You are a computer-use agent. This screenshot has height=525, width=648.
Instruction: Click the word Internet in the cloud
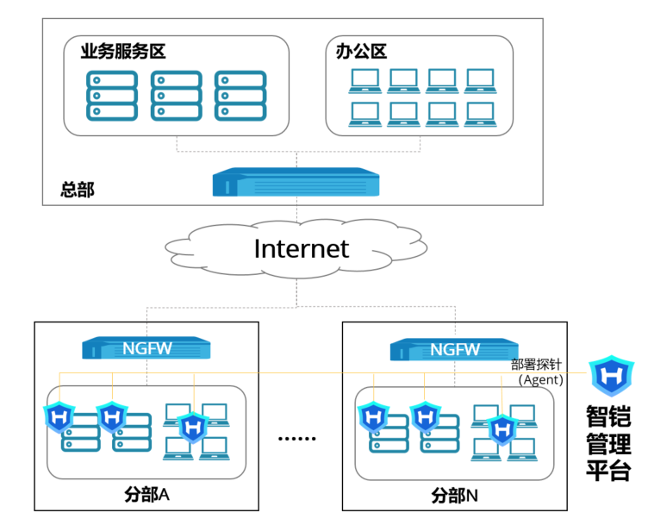click(x=301, y=248)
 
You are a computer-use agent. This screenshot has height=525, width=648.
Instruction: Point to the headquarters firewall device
click(x=296, y=183)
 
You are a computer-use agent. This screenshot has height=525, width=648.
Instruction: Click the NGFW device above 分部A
click(x=146, y=349)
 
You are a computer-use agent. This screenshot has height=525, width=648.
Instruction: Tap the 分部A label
click(x=146, y=495)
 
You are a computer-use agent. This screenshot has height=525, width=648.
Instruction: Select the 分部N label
click(x=455, y=496)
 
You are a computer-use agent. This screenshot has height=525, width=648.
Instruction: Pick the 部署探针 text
click(x=537, y=365)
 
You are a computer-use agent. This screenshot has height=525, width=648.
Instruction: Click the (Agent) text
click(x=540, y=379)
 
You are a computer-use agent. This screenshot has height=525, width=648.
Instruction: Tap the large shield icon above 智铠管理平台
click(x=612, y=377)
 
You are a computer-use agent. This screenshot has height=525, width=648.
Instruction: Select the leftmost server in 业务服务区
click(x=111, y=95)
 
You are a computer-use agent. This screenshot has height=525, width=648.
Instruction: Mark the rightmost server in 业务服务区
click(x=240, y=95)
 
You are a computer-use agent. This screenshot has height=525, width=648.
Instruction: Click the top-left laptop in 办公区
click(x=364, y=81)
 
